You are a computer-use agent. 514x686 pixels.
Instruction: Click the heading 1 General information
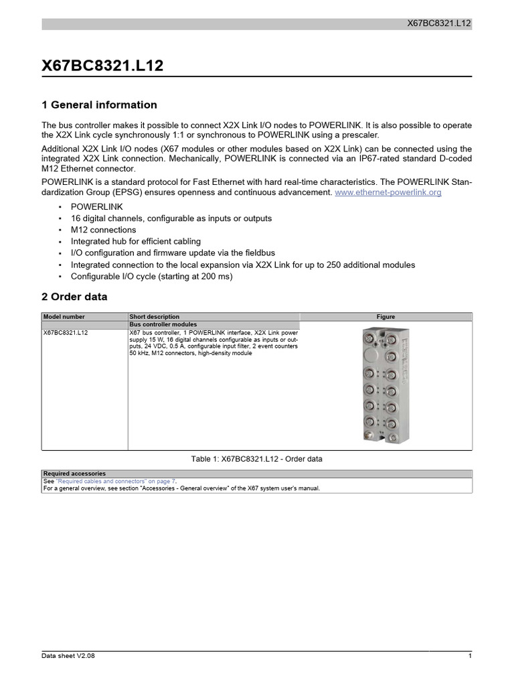pos(99,105)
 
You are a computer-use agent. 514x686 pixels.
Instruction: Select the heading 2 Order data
pos(74,297)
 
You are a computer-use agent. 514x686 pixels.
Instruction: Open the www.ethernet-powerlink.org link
pos(388,192)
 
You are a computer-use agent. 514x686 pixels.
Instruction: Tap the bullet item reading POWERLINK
pos(96,207)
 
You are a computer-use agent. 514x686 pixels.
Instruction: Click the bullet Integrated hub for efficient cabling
pos(135,241)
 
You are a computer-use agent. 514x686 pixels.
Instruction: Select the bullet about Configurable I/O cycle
pos(151,275)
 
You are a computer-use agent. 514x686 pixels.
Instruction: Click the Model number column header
pos(64,317)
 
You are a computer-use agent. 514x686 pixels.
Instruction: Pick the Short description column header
pos(154,317)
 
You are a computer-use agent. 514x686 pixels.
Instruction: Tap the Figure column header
pos(385,317)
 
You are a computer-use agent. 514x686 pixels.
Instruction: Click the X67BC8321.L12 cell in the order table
pos(66,332)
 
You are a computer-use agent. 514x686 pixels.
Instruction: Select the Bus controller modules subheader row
pos(163,324)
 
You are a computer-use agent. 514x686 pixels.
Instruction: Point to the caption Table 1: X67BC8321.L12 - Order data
pos(257,459)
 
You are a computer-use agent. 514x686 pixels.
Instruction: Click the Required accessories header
pos(74,474)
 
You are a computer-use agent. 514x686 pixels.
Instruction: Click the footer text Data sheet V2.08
pos(68,656)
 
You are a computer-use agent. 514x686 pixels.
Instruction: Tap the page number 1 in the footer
pos(470,656)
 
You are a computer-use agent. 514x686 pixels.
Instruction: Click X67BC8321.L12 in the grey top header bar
pos(439,23)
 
